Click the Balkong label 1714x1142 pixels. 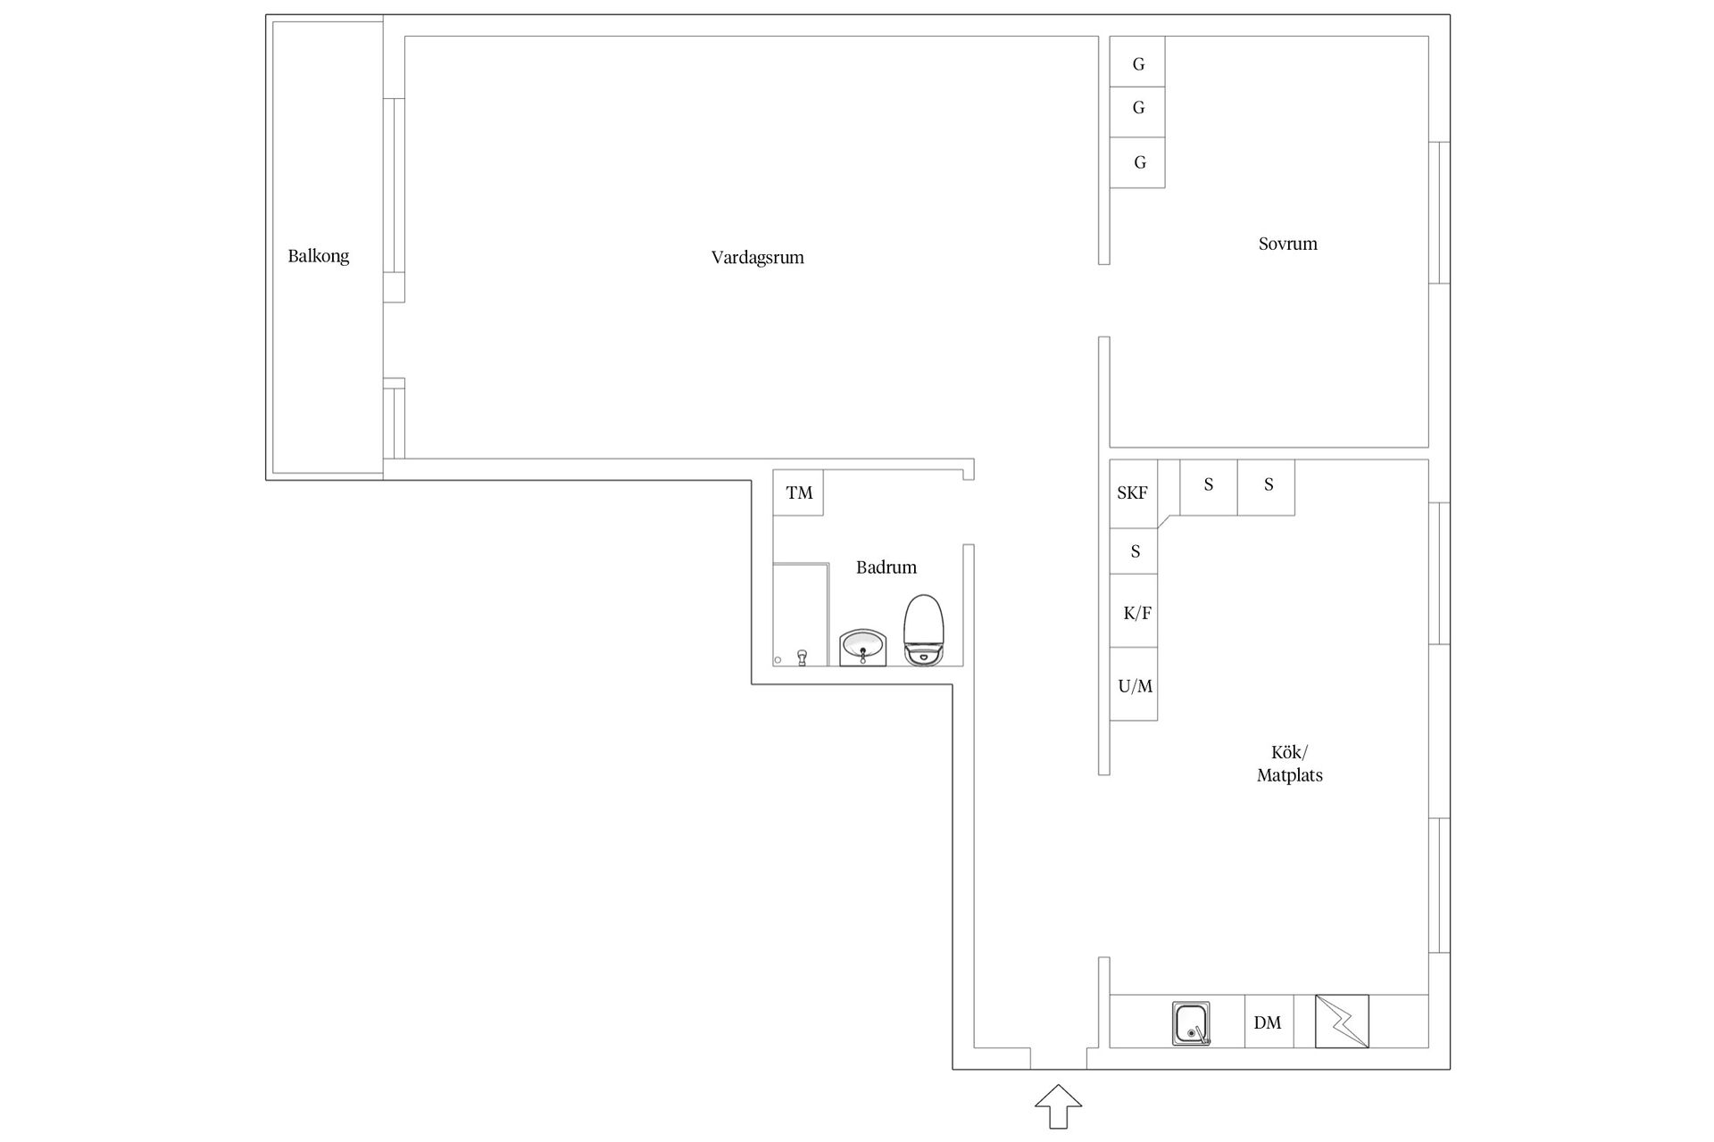coord(318,256)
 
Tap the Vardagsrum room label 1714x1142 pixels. coord(757,258)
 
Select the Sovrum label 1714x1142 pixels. coord(1287,244)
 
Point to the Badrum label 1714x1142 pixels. coord(886,567)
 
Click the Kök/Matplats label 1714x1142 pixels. coord(1289,764)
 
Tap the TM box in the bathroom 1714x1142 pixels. coord(798,492)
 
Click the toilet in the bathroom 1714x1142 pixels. coord(923,630)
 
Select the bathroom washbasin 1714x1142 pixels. coord(862,647)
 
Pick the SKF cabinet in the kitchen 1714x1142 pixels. coord(1133,493)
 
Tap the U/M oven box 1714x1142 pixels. coord(1134,684)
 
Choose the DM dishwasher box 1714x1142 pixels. coord(1269,1022)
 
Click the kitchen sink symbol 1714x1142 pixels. coord(1191,1023)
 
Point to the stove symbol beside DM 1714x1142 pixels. coord(1342,1021)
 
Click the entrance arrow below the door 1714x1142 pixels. coord(1059,1107)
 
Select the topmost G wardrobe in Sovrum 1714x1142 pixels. coord(1137,62)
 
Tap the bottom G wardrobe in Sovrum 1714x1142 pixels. coord(1137,162)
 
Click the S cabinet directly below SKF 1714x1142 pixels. coord(1134,551)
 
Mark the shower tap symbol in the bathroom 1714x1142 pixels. coord(802,658)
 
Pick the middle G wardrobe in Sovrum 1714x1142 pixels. coord(1137,112)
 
